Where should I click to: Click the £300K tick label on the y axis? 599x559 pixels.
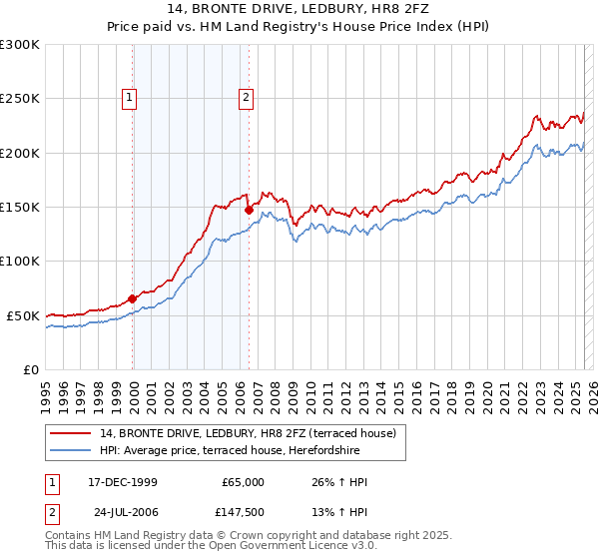(20, 45)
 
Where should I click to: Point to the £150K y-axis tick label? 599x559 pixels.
(20, 208)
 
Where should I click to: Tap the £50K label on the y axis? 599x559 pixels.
(24, 315)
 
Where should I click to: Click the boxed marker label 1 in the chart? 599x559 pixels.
(131, 98)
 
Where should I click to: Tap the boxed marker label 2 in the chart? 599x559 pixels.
(246, 98)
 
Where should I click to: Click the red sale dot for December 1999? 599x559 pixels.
(133, 298)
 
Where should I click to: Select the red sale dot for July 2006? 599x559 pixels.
(249, 210)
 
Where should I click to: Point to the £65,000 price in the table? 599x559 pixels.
(243, 482)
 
